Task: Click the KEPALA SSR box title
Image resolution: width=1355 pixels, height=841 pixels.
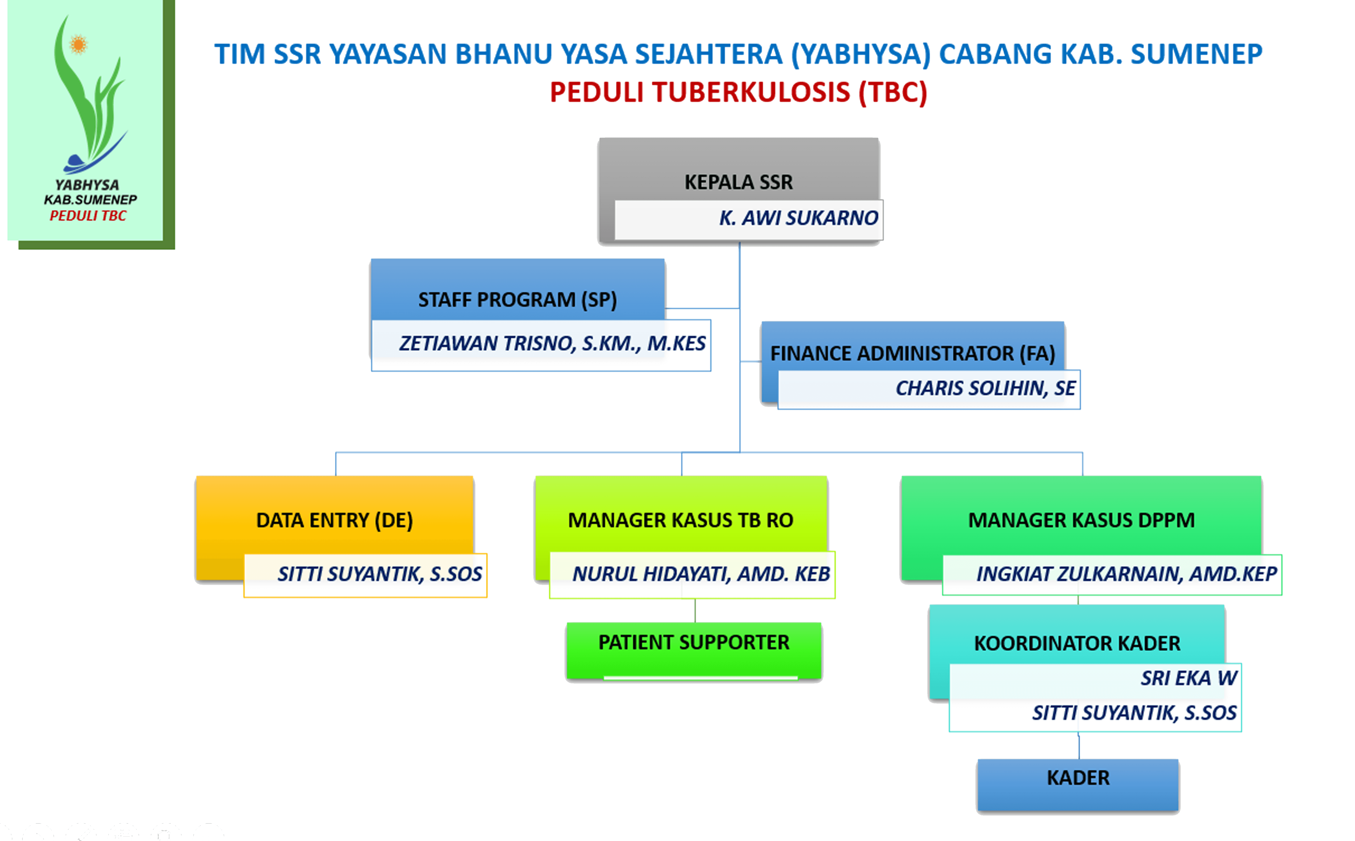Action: pos(738,182)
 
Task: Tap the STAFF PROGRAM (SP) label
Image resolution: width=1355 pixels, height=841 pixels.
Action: pos(517,300)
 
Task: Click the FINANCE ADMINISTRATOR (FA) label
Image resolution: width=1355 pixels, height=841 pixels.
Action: pos(912,353)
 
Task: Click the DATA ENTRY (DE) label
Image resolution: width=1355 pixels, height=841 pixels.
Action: pos(334,520)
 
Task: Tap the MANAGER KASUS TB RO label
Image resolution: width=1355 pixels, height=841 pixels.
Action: pos(680,520)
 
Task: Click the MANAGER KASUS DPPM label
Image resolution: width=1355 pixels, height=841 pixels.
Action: pos(1081,520)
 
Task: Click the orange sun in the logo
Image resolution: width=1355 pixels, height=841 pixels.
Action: pos(78,44)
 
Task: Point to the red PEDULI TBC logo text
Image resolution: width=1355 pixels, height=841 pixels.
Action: pos(88,216)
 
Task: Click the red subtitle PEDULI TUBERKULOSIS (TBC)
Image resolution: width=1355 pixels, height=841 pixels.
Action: pos(738,92)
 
